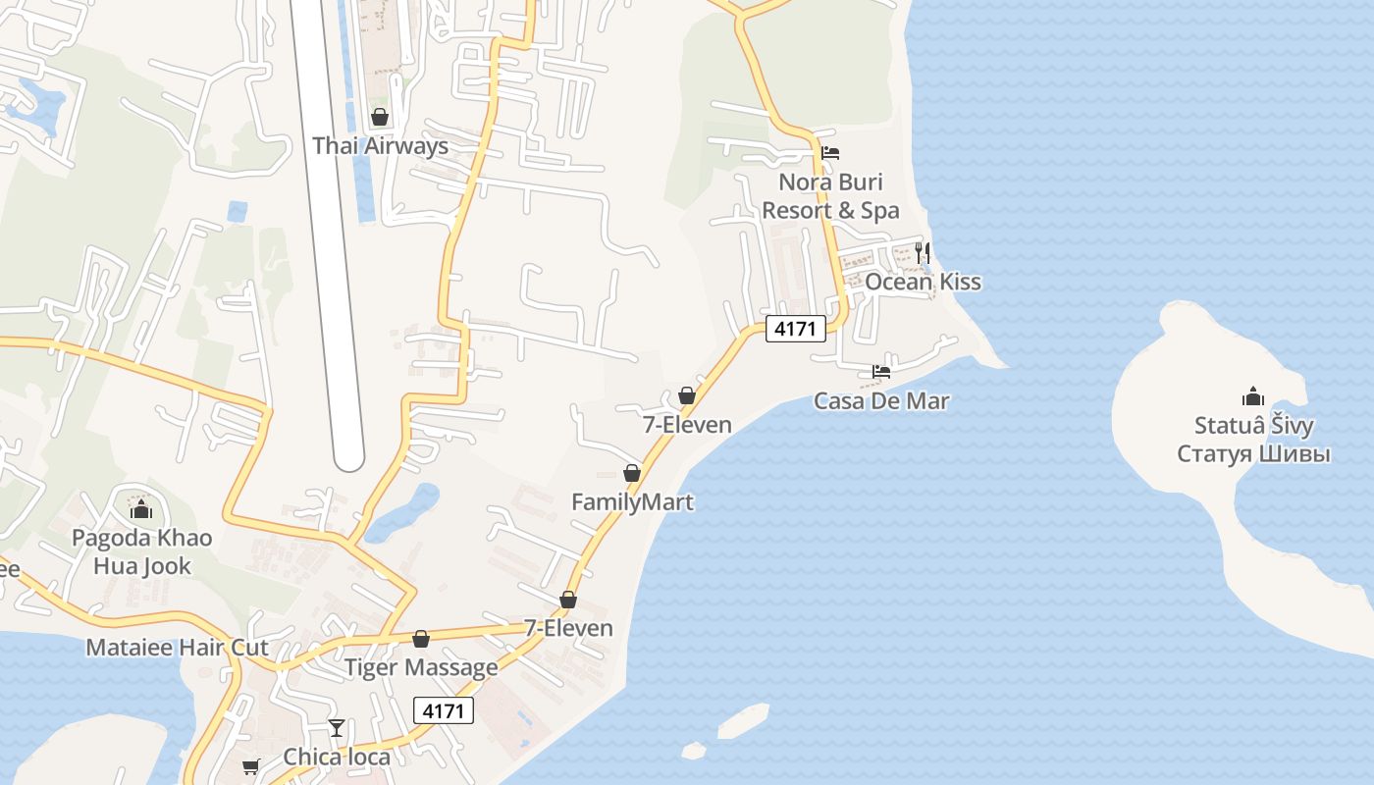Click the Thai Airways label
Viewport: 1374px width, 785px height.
(x=380, y=146)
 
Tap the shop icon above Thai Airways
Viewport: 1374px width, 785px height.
(x=380, y=118)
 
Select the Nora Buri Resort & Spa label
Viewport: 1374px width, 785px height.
(x=830, y=195)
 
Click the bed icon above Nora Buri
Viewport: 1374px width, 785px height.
(x=830, y=153)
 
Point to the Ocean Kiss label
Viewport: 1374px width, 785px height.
(x=923, y=282)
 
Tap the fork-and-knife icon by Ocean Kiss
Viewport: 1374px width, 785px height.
(x=922, y=252)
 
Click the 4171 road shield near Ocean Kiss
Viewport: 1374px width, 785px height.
(x=795, y=329)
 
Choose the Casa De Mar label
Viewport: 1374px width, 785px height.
(x=881, y=400)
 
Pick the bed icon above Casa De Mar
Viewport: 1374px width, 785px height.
(x=881, y=372)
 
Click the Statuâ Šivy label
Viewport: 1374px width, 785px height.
(x=1253, y=426)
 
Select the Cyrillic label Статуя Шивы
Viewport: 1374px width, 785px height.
(x=1253, y=454)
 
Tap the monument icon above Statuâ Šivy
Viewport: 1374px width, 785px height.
(x=1253, y=396)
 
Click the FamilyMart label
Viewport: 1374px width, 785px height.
(x=632, y=502)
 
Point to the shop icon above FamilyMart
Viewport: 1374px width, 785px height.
(x=632, y=474)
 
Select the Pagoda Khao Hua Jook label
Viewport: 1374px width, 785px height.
(x=141, y=551)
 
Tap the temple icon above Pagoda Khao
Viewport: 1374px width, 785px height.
(x=141, y=509)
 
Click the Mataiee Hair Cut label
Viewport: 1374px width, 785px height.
(x=177, y=648)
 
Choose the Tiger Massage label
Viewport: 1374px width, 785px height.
(x=421, y=667)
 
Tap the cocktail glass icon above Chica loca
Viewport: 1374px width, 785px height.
(x=337, y=728)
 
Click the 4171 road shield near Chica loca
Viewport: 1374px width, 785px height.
(x=444, y=710)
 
